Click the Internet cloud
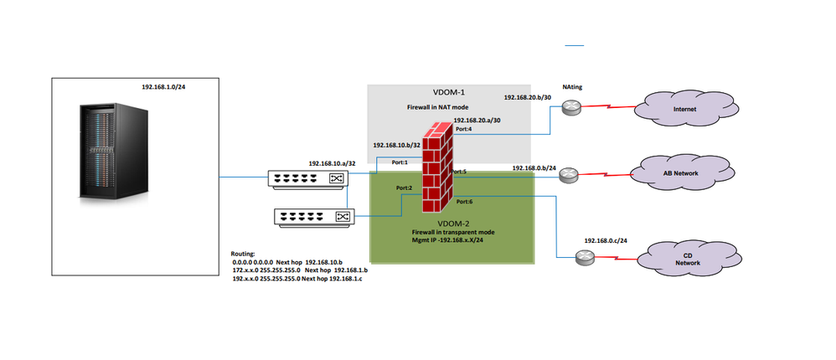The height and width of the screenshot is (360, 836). pyautogui.click(x=684, y=109)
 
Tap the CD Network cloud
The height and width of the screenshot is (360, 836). pyautogui.click(x=687, y=258)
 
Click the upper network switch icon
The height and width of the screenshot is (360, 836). pyautogui.click(x=307, y=178)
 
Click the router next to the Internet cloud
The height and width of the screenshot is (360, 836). pyautogui.click(x=572, y=107)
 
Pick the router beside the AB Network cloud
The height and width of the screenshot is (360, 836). pyautogui.click(x=569, y=175)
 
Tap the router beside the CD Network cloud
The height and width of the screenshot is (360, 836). pyautogui.click(x=585, y=258)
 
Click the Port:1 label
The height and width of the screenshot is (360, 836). pyautogui.click(x=400, y=162)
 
